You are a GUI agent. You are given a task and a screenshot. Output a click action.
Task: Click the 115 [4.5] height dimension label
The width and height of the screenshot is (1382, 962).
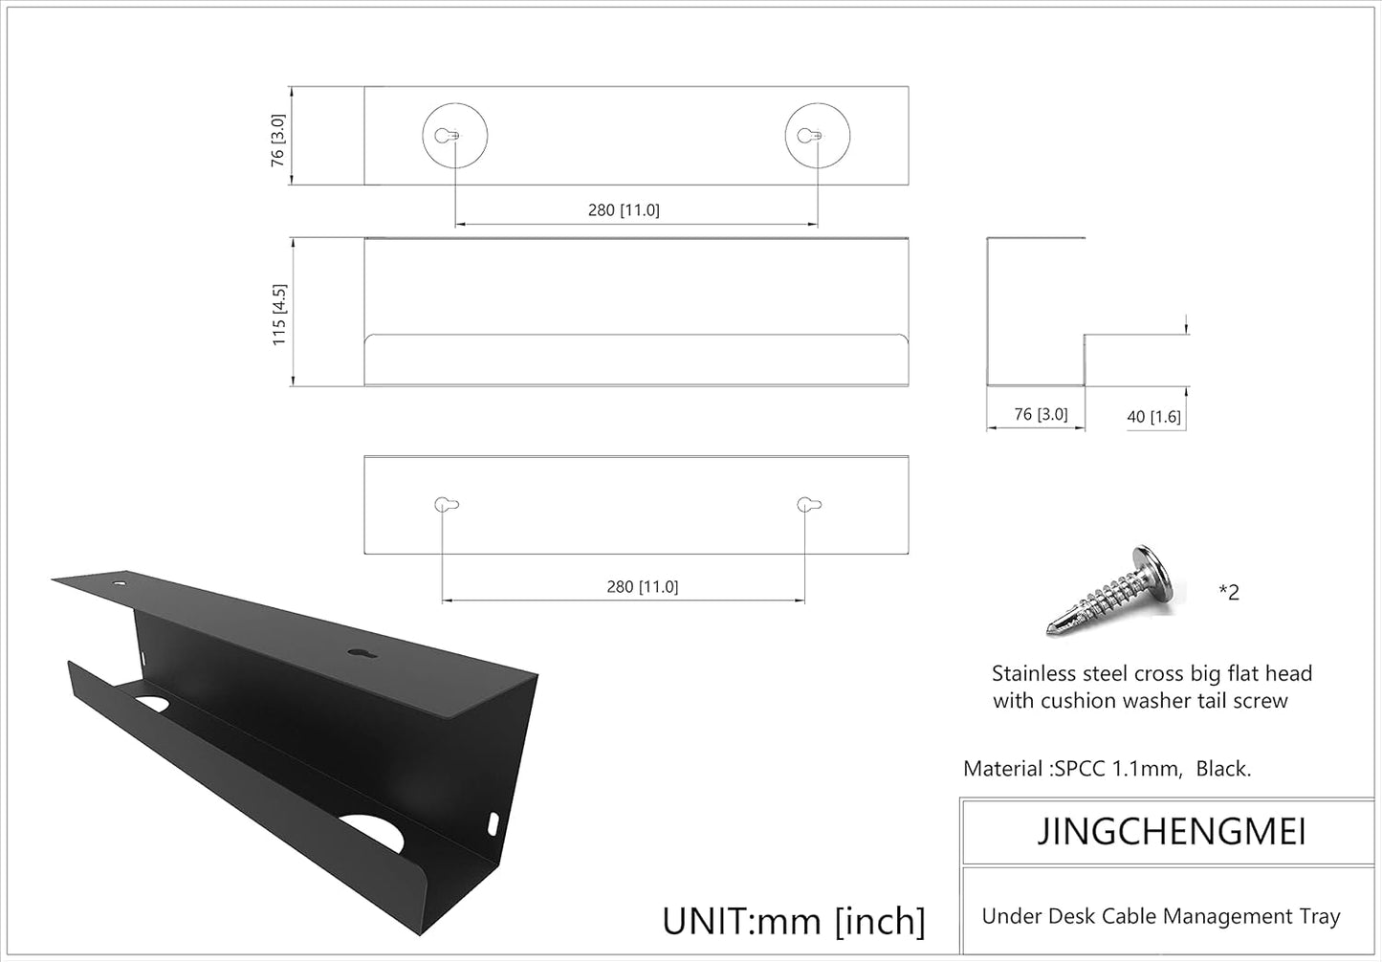pyautogui.click(x=279, y=314)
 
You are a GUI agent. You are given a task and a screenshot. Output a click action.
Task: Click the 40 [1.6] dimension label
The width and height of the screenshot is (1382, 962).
pyautogui.click(x=1153, y=417)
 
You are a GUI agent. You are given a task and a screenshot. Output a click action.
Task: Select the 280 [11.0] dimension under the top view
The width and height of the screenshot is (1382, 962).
pyautogui.click(x=624, y=210)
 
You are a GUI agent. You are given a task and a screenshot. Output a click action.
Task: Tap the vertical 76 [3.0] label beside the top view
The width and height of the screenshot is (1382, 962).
pyautogui.click(x=277, y=140)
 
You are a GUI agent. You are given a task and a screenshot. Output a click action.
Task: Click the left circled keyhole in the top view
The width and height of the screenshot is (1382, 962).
pyautogui.click(x=454, y=136)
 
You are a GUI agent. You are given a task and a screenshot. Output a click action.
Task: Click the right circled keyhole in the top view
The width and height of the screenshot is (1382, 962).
pyautogui.click(x=817, y=136)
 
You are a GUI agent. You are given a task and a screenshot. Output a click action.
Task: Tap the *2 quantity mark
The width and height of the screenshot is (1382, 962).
pyautogui.click(x=1229, y=592)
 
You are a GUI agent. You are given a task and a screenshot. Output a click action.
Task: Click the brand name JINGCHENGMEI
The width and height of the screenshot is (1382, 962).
pyautogui.click(x=1172, y=832)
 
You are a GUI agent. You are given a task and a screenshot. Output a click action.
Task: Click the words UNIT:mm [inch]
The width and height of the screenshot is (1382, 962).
pyautogui.click(x=793, y=921)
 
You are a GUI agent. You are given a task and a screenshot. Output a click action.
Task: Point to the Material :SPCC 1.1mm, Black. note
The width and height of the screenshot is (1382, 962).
pyautogui.click(x=1107, y=768)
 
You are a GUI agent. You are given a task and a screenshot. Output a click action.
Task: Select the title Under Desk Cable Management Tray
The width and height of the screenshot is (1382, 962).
pyautogui.click(x=1160, y=916)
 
